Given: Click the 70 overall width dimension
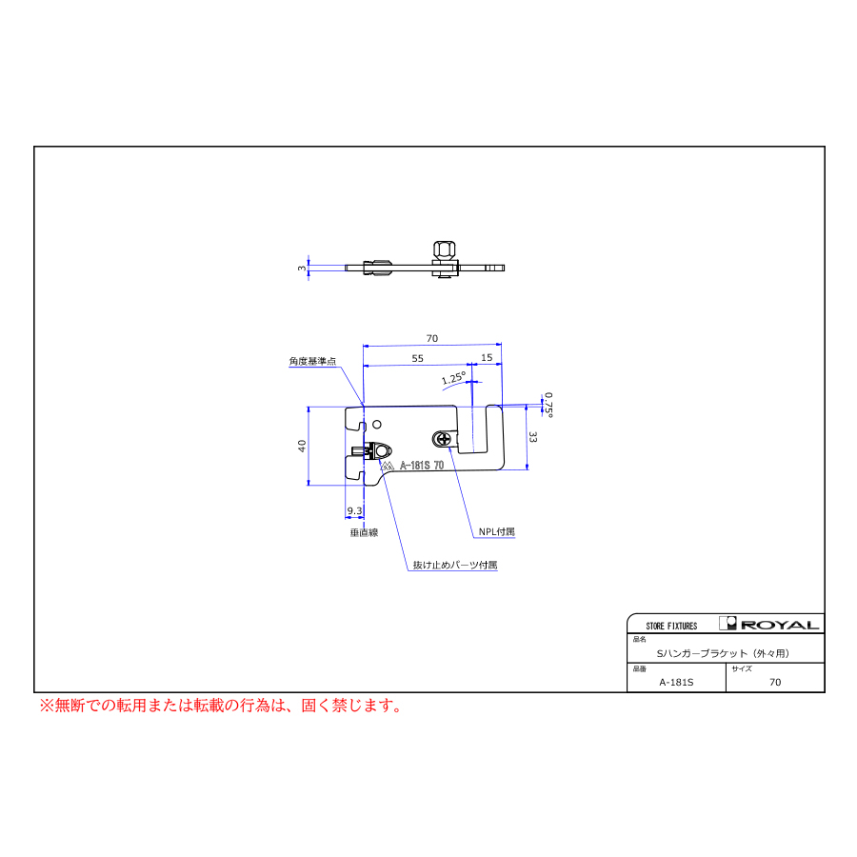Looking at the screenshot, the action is [x=431, y=338].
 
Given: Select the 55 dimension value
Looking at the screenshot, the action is [x=418, y=359].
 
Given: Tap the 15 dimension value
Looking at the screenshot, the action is [x=487, y=357].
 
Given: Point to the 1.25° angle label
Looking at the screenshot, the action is [x=453, y=378].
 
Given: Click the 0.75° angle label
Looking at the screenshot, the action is [x=548, y=405].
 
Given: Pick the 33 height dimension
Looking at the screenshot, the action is [x=533, y=437].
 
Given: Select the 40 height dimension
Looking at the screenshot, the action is [x=302, y=446].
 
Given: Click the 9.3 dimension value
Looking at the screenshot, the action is [x=354, y=510].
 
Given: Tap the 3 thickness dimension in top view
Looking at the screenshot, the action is [x=302, y=268].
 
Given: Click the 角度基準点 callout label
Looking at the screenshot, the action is [x=312, y=361].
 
